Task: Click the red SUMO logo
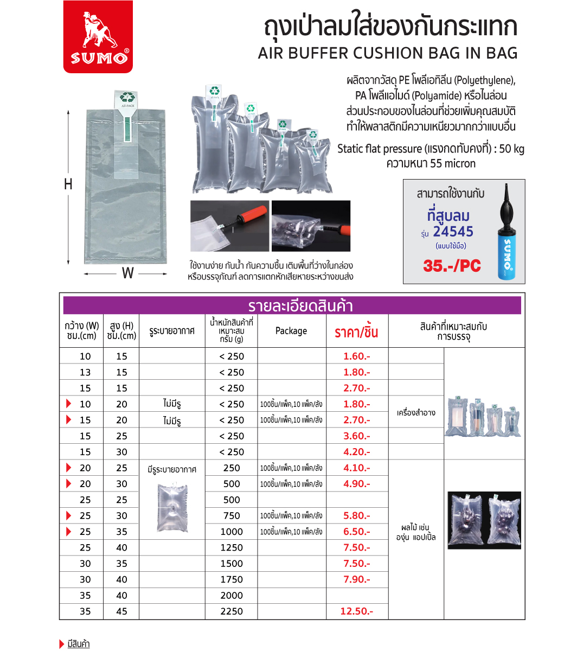point(98,36)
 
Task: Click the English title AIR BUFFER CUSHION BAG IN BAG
point(388,53)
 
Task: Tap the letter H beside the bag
point(68,184)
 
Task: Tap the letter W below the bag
point(127,273)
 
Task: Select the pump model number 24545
point(453,232)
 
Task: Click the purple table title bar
point(292,305)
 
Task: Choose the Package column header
point(291,331)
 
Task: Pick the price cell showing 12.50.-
point(356,611)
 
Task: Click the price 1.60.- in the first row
point(356,356)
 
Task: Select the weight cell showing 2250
point(232,611)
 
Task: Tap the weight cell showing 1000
point(232,532)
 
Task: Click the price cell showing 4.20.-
point(356,452)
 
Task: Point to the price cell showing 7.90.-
point(356,579)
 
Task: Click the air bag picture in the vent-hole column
point(172,507)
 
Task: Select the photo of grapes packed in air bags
point(484,520)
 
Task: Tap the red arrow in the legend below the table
point(61,644)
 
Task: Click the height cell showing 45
point(121,611)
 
